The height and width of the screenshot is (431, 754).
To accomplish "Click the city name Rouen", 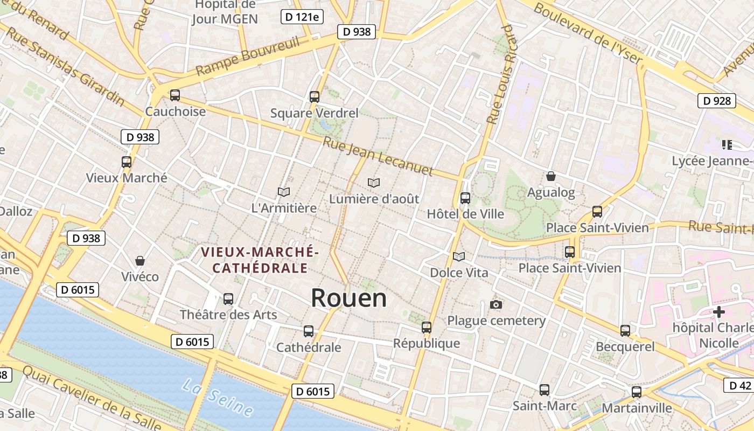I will click(349, 298).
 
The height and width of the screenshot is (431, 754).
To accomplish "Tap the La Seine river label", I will click(217, 397).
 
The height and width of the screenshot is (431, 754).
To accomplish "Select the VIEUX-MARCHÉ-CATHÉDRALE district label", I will click(260, 260).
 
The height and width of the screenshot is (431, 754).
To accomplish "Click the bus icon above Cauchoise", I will click(175, 95).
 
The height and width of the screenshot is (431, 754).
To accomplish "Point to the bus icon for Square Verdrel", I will click(315, 97).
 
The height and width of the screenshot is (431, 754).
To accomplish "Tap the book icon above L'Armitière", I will click(284, 192).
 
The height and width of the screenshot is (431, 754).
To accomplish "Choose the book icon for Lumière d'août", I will click(374, 183).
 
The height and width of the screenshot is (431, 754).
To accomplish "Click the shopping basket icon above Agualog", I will click(551, 176).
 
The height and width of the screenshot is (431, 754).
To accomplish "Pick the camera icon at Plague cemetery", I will click(496, 305).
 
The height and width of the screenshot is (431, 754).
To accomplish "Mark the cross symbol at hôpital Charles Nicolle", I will click(718, 312).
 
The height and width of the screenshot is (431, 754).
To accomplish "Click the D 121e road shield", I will click(302, 17).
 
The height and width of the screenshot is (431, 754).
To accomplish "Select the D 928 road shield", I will click(717, 101).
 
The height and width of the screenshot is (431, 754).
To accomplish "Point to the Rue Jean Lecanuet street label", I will click(378, 156).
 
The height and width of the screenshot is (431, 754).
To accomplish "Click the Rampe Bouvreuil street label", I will click(247, 57).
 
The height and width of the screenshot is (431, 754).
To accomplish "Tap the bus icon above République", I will click(427, 327).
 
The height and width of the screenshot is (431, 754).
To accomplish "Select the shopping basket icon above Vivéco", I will click(140, 261).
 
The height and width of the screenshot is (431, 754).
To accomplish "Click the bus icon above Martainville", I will click(637, 392).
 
